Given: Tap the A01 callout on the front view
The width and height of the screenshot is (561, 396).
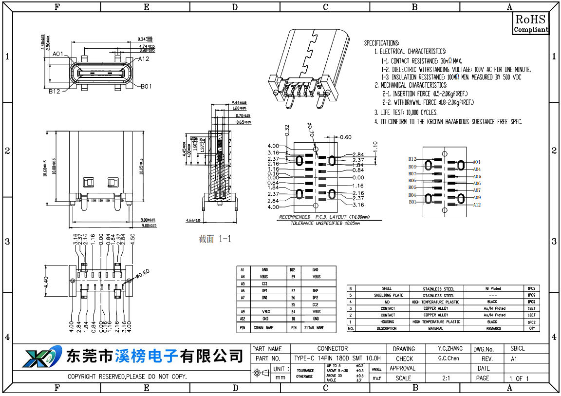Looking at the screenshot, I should click(58, 54).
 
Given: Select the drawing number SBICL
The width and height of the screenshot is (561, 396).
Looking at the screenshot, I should click(517, 349).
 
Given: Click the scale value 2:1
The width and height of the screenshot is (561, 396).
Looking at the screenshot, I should click(446, 378).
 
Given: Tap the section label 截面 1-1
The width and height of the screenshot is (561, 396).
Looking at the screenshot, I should click(215, 239).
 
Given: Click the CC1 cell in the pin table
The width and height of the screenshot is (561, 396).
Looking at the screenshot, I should click(264, 283).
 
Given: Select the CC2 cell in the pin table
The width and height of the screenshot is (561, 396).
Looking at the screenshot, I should click(315, 304).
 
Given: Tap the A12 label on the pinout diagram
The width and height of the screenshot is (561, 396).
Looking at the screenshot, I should click(477, 205).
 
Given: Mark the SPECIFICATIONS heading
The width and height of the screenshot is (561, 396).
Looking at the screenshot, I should click(381, 43).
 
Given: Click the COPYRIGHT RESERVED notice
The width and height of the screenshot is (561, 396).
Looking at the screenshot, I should click(127, 377).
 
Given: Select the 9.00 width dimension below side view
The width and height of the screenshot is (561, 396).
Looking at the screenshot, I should click(148, 226).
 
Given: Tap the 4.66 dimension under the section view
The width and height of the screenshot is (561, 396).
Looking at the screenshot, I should click(193, 221).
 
